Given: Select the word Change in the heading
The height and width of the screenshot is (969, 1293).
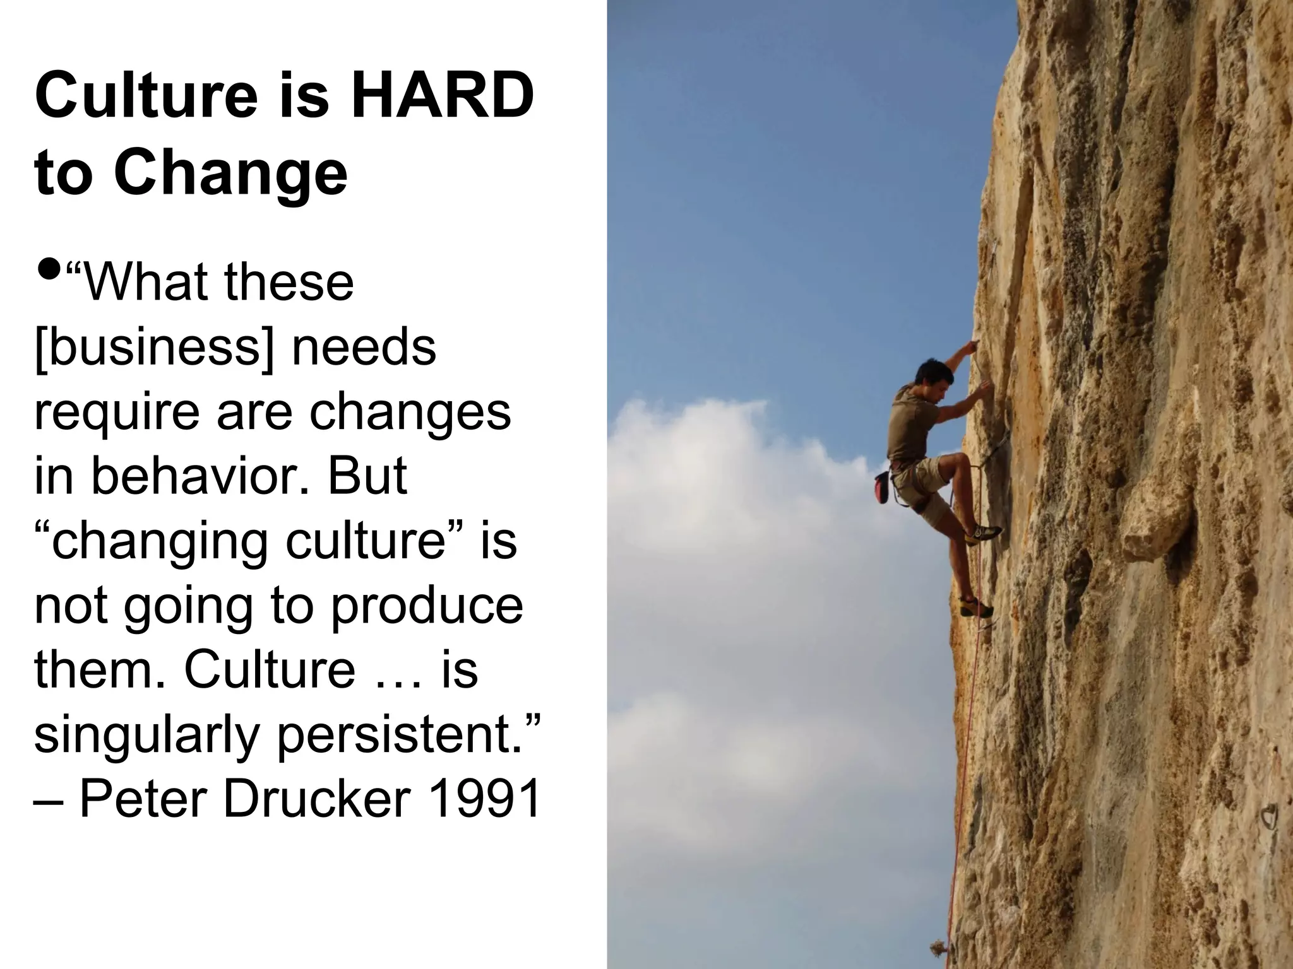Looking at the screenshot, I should click(230, 173).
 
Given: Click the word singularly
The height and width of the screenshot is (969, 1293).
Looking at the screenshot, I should click(146, 736).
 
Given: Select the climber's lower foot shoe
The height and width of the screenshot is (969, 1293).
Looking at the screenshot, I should click(976, 608).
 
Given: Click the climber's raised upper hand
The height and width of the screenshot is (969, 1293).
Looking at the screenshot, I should click(972, 346).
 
